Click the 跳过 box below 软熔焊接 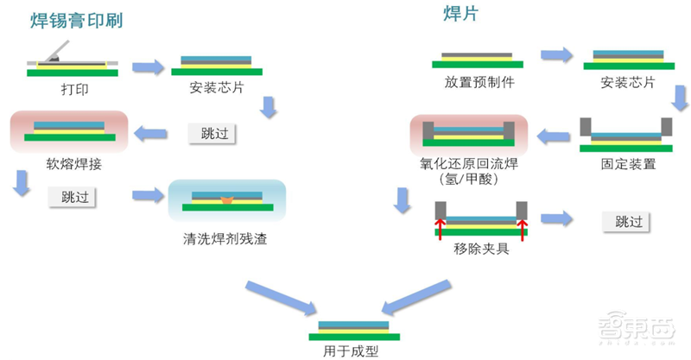coord(73,196)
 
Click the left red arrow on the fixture coord(440,228)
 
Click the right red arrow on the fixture coord(521,228)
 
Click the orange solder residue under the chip coord(227,201)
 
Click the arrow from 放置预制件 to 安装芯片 coord(556,55)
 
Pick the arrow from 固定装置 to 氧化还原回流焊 coord(552,134)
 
